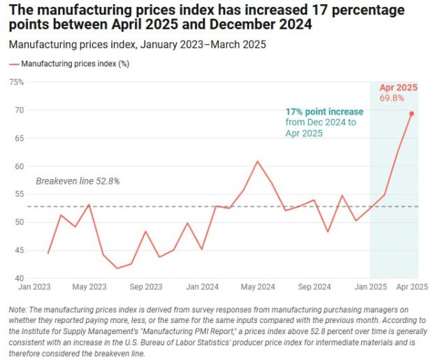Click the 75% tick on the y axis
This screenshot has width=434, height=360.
16,82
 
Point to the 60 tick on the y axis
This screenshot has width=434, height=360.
18,166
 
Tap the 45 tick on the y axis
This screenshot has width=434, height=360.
18,250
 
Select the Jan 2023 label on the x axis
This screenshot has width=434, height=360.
34,287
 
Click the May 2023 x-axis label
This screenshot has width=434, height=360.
89,287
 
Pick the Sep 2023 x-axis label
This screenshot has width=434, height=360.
145,287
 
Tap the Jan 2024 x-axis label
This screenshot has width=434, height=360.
201,287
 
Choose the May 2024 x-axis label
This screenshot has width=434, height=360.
257,287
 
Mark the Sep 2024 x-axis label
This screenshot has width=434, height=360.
314,287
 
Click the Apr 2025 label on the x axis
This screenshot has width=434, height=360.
403,287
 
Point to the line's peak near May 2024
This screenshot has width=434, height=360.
257,161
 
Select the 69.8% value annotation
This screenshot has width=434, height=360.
392,99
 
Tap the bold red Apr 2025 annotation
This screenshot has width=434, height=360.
398,87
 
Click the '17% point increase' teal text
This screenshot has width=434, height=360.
324,112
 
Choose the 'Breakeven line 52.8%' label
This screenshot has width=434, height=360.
78,181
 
